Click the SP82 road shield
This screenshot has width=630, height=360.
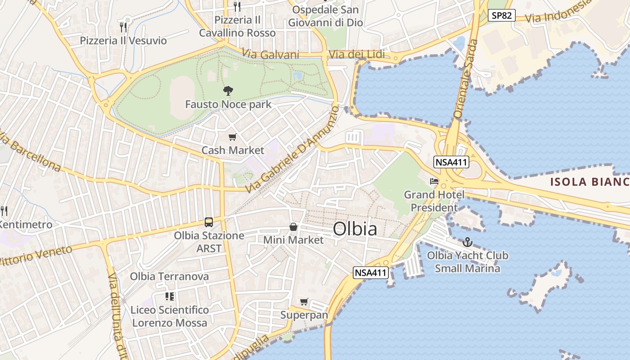point(501,15)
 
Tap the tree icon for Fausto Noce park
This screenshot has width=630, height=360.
point(228,90)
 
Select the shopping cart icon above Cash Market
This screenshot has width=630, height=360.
point(232,137)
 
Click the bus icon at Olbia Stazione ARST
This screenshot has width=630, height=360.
point(209,222)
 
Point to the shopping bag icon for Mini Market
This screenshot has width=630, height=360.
point(293,227)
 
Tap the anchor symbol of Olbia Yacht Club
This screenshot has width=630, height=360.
point(468,242)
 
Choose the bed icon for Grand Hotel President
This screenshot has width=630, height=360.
point(434,181)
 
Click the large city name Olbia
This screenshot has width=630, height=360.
point(355,229)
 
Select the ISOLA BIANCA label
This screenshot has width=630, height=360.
point(589,182)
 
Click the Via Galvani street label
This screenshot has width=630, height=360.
point(270,54)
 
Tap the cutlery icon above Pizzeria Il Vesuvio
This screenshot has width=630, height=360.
point(123,27)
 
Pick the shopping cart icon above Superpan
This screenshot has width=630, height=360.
point(304,301)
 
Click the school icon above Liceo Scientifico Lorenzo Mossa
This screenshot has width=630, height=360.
point(170,296)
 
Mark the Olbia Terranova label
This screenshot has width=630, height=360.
point(169,276)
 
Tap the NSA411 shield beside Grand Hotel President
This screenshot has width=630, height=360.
point(451,162)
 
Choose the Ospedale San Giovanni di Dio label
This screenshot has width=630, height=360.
point(325,16)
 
